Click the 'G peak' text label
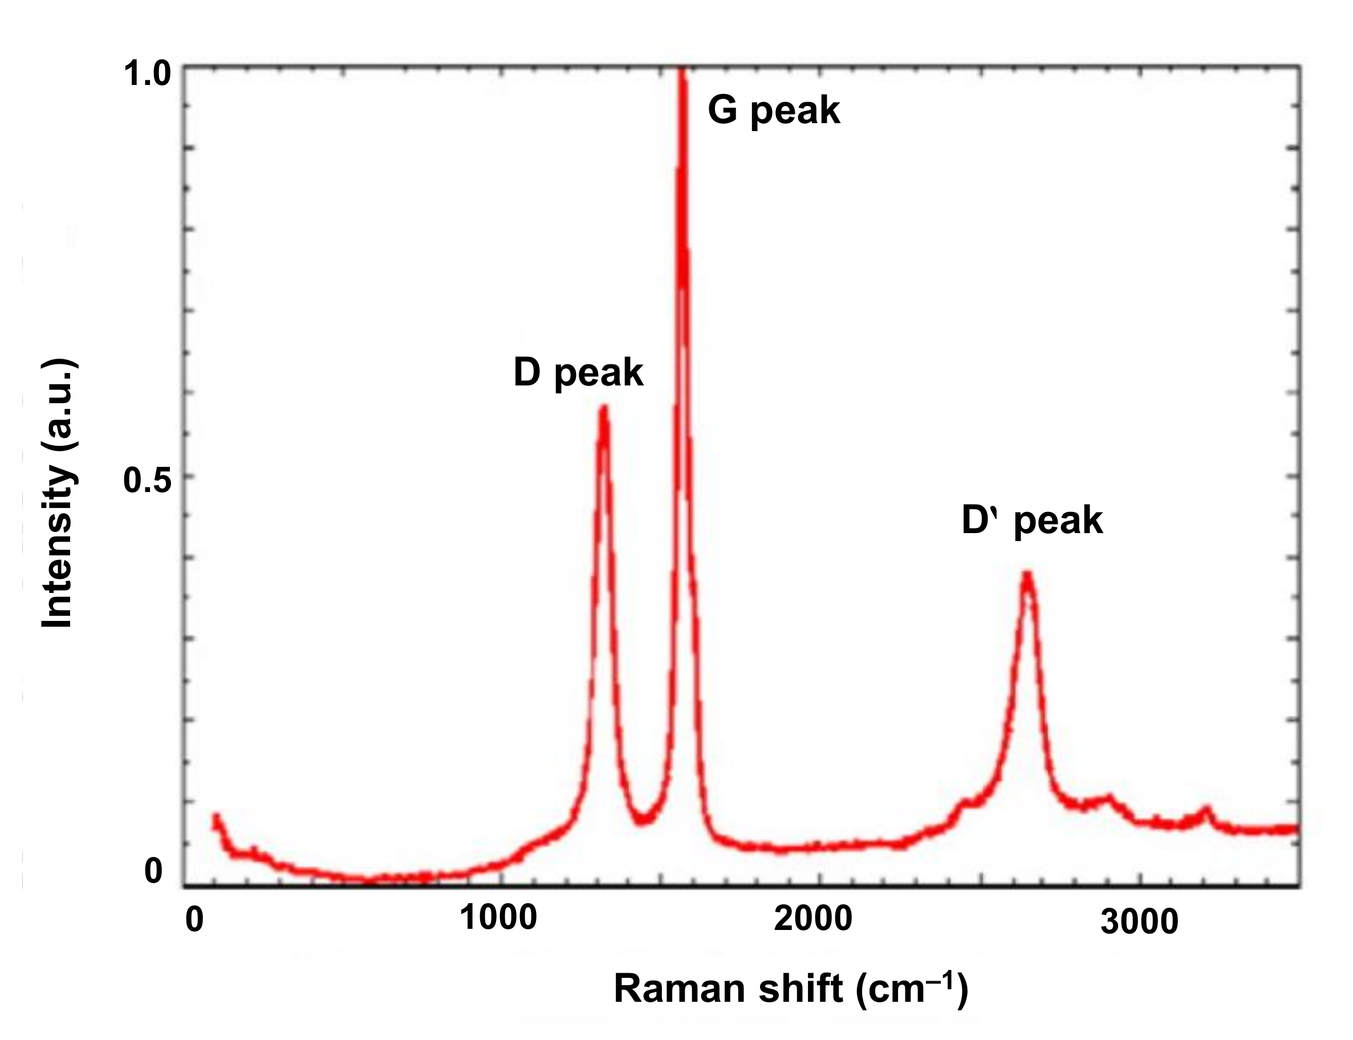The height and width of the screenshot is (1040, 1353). [x=773, y=111]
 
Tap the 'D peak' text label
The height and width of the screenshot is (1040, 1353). [x=578, y=373]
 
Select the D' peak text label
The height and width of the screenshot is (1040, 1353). [x=1032, y=520]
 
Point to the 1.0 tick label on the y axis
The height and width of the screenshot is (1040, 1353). [x=147, y=74]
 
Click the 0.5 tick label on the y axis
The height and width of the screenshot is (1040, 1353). [x=147, y=481]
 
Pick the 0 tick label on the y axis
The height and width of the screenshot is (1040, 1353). [x=153, y=871]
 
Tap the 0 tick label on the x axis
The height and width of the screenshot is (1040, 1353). [x=194, y=920]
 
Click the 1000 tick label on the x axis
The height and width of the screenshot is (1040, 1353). [x=498, y=918]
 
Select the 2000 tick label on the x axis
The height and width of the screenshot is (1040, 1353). [x=812, y=919]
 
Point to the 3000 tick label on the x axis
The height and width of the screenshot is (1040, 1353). [x=1139, y=923]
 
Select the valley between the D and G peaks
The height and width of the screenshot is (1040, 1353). [x=644, y=819]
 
